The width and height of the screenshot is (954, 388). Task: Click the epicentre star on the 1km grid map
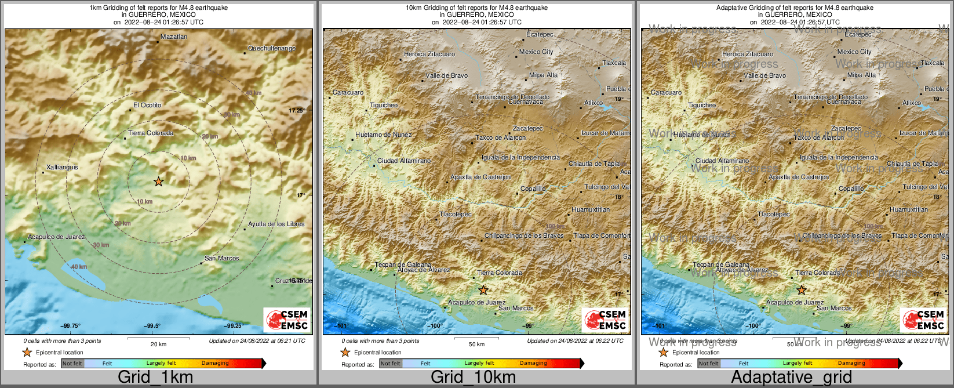point(159,182)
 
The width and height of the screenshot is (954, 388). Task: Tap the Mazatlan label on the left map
point(174,37)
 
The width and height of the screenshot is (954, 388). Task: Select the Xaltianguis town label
point(62,167)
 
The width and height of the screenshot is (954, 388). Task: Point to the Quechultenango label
point(272,48)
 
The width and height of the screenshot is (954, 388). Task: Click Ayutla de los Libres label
point(276,224)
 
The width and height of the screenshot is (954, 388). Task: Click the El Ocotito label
point(147,105)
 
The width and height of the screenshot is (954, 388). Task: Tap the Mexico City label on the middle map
point(536,52)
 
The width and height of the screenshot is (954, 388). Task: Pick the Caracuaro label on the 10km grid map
point(348,92)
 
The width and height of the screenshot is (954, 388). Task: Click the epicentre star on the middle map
point(483,290)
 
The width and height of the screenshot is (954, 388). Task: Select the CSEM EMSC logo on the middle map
point(605,320)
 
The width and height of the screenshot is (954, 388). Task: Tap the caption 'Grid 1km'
point(155,377)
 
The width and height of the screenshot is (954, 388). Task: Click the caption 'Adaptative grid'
point(791,377)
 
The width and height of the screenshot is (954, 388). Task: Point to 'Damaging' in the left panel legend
point(215,364)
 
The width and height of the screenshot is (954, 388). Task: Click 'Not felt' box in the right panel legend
point(708,364)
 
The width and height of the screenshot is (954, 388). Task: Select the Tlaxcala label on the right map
point(932,63)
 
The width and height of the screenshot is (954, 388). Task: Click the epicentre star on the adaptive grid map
point(802,290)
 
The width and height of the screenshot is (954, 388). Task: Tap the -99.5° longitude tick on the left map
point(152,326)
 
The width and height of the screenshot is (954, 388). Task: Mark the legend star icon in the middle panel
point(345,352)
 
